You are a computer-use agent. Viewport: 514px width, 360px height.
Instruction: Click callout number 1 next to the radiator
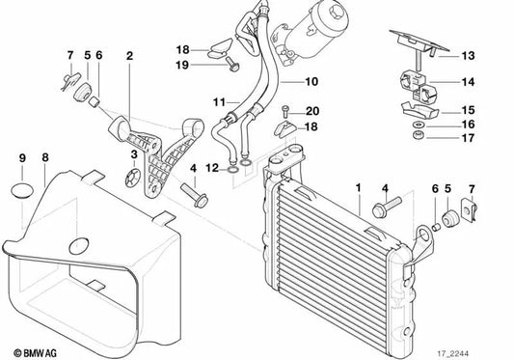tap(357, 184)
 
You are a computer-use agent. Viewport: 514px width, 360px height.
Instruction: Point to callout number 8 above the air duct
tap(44, 157)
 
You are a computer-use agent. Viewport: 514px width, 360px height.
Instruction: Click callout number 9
tap(21, 157)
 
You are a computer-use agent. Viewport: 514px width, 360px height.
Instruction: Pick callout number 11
tap(220, 101)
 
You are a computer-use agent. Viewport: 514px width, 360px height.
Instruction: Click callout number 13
tap(468, 55)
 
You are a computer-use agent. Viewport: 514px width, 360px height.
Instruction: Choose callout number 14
tap(468, 82)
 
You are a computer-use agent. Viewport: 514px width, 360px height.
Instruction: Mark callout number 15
tap(468, 109)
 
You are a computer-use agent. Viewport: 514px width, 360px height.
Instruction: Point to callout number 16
tap(468, 125)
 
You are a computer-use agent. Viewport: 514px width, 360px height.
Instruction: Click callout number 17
tap(468, 139)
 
